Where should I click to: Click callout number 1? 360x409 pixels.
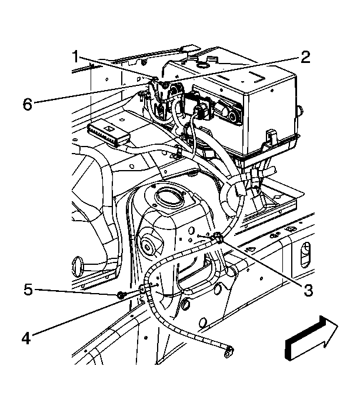click(76, 56)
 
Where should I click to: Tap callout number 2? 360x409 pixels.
click(305, 58)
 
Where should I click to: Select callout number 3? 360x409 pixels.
click(308, 290)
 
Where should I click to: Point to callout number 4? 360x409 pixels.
click(26, 338)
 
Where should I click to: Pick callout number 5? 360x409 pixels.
click(28, 290)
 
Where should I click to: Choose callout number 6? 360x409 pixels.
click(28, 104)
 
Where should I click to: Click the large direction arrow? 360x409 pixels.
click(312, 338)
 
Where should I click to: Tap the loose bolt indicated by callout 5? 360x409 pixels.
click(121, 295)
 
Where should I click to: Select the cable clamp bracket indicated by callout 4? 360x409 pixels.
click(143, 290)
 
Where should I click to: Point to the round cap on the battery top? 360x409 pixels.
click(202, 65)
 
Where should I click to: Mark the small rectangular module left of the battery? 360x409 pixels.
click(109, 133)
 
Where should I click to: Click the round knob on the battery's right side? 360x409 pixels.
click(300, 110)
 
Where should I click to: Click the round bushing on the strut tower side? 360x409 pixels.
click(148, 245)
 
